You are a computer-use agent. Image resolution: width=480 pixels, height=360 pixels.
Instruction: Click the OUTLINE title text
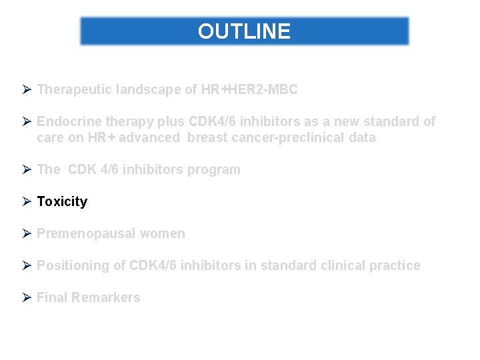[244, 31]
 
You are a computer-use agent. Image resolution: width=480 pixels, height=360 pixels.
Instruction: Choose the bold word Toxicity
[62, 201]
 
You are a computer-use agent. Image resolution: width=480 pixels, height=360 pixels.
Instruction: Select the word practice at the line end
[396, 265]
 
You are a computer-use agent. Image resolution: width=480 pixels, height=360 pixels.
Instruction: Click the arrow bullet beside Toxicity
[27, 201]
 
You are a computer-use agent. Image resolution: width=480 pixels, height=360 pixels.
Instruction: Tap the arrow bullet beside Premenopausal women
[27, 233]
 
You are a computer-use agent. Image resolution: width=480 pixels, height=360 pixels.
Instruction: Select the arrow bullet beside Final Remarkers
[27, 297]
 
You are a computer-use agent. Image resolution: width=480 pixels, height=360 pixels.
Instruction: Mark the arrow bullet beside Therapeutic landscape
[27, 89]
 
